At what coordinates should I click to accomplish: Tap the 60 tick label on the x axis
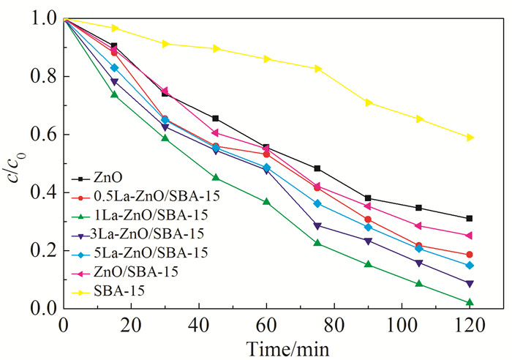[267, 325]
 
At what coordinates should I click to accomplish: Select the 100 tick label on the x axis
[402, 325]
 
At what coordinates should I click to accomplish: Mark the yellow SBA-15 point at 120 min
[470, 137]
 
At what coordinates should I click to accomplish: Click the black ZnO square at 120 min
[470, 218]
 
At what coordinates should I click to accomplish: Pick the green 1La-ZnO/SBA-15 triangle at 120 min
[470, 301]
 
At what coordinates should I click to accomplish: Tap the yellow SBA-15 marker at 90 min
[368, 102]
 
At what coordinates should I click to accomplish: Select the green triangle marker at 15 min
[113, 94]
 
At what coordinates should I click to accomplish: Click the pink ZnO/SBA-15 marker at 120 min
[470, 235]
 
